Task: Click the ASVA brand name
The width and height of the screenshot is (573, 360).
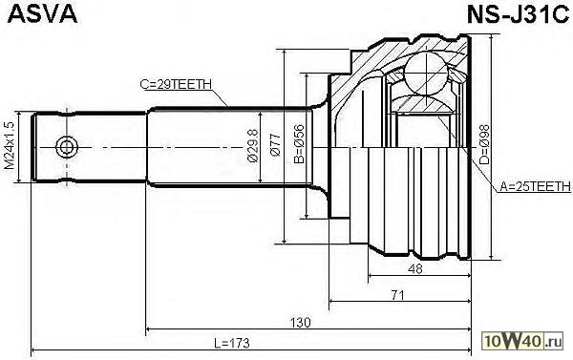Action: click(x=42, y=14)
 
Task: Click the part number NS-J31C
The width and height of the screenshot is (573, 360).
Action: click(x=518, y=15)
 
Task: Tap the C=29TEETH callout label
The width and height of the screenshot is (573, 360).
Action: click(x=176, y=84)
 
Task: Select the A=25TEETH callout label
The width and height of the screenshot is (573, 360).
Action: click(x=535, y=187)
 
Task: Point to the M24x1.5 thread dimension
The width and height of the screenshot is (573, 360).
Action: click(x=10, y=146)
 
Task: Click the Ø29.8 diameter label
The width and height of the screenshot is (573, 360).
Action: click(x=252, y=145)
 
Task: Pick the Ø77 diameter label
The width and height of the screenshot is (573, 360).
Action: click(x=276, y=145)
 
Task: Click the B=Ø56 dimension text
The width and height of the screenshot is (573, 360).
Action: click(x=299, y=143)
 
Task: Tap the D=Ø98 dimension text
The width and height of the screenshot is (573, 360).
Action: click(x=484, y=144)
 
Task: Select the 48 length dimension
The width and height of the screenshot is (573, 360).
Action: click(x=415, y=269)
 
